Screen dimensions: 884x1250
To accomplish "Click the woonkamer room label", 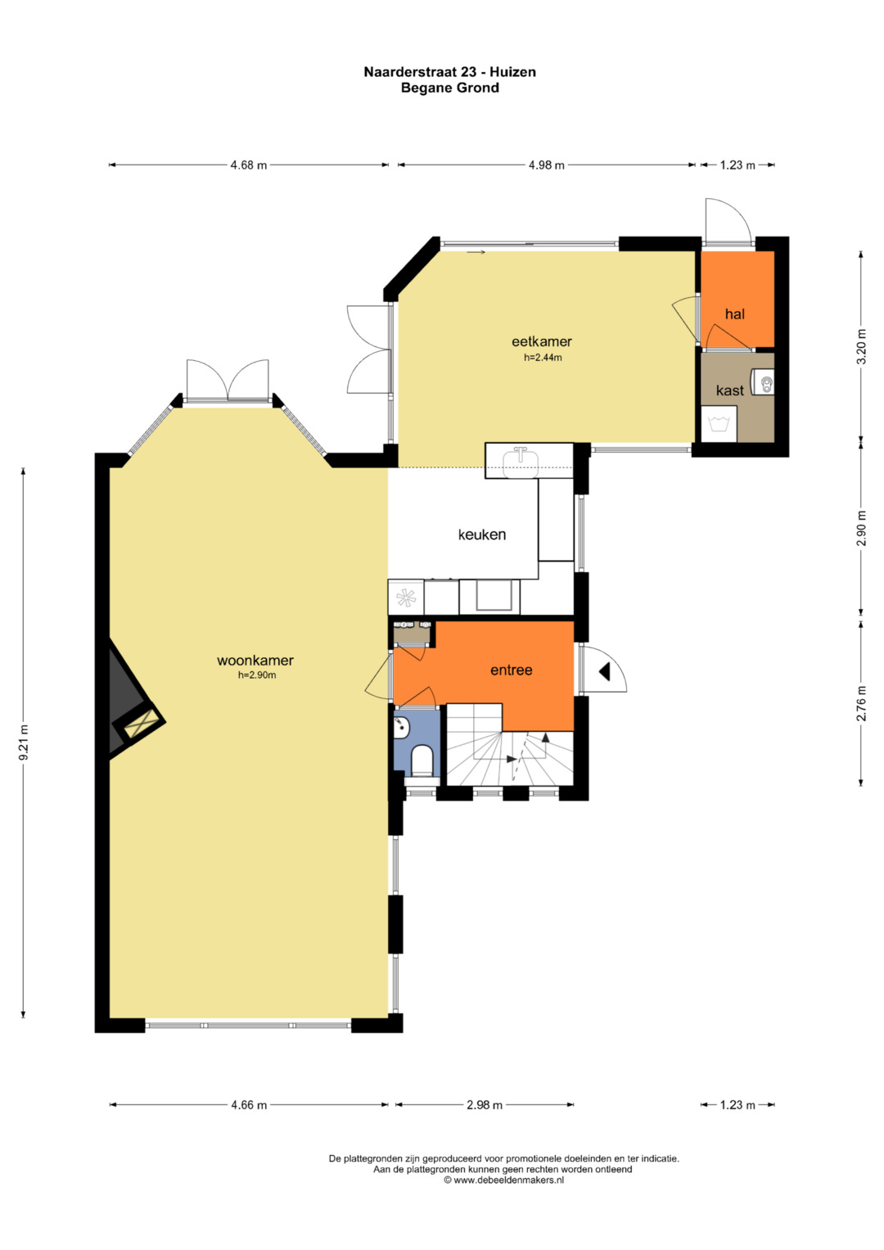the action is coord(255,661).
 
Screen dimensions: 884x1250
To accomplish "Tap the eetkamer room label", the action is coord(541,341).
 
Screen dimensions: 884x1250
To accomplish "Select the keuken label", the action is coord(481,535).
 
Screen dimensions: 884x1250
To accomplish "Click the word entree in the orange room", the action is coord(512,670).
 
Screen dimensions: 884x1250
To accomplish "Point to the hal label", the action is coord(734,314).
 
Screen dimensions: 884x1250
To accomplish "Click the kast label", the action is coord(729,390).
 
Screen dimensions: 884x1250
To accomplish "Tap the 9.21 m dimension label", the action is coord(24,742).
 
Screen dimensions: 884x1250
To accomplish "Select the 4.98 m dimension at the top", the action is coord(547,165).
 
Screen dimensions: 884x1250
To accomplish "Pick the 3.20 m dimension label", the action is coord(862,346).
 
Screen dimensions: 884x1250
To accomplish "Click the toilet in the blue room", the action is coord(422,762).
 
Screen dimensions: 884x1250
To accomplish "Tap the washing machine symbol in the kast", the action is coord(719,424).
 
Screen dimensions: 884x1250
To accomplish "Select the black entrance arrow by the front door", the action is coord(604,672).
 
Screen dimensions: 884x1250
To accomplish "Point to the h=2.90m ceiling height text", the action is coord(257,675).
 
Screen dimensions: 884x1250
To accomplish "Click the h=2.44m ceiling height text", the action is coord(543,358).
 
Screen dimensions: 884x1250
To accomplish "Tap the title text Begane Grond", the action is coord(450,88).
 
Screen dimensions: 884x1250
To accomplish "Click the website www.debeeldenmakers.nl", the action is coord(504,1180).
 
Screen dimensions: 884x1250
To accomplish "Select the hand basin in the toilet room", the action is coord(401,727).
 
